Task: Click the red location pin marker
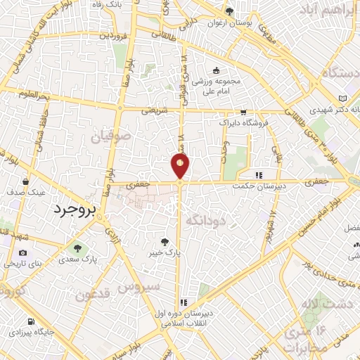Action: (180, 165)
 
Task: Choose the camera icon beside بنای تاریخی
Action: (23, 253)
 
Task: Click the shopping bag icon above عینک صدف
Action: (26, 179)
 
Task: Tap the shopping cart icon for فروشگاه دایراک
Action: (243, 112)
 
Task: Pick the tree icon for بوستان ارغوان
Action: (229, 11)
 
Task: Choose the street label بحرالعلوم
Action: (34, 94)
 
